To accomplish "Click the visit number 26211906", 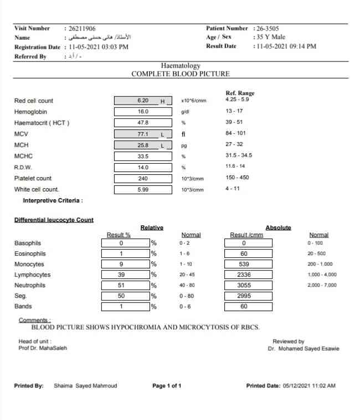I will tap(82, 28).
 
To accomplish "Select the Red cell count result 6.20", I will tap(142, 101).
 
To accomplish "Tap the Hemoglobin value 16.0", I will tap(142, 112).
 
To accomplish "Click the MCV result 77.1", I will tap(142, 134).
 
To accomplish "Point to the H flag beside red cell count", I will tap(163, 101).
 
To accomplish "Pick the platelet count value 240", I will tap(142, 178).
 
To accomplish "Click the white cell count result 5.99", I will tap(142, 189).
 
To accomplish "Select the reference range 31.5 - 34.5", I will tap(241, 156).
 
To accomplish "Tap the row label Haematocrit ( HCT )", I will tap(42, 123).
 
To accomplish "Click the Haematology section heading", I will tap(181, 66).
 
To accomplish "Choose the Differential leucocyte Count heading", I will tap(54, 220).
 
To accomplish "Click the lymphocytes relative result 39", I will tap(121, 275).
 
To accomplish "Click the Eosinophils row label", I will tap(30, 254).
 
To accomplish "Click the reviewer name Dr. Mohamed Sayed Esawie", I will tap(304, 349).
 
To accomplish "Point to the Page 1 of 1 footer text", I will tap(167, 386).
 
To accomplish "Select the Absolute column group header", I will tap(278, 227).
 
